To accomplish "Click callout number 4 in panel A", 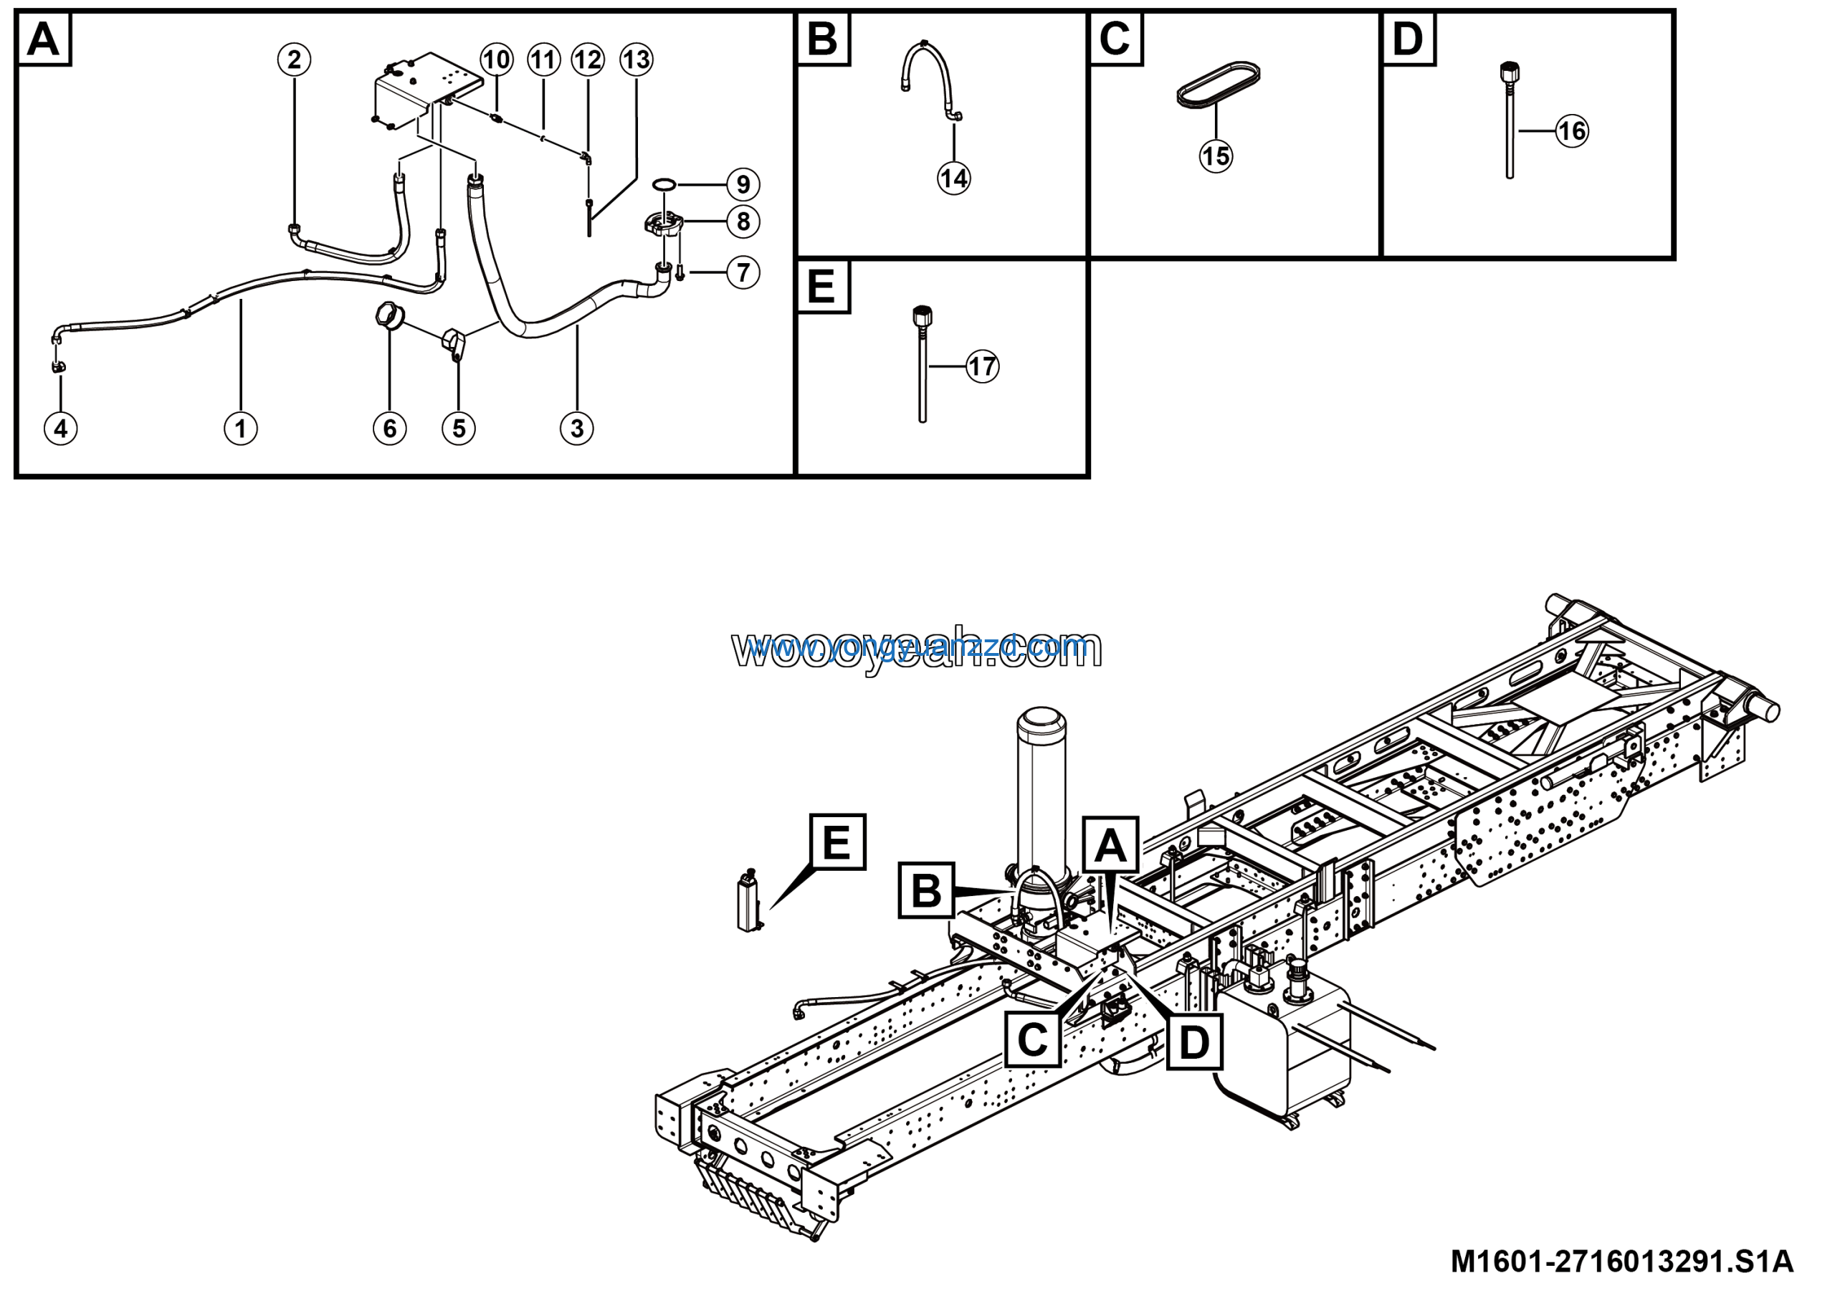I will point(61,429).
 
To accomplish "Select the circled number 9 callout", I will point(743,184).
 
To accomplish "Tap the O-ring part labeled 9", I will point(663,186).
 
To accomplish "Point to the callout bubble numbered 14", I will point(954,178).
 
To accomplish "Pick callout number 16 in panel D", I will point(1572,131).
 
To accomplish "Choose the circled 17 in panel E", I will point(982,367).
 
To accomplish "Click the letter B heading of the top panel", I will point(822,39).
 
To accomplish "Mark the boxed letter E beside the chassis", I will point(837,842).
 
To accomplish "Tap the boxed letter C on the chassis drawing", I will point(1031,1039).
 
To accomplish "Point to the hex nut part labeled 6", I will point(387,315).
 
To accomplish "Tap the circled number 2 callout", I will point(294,59).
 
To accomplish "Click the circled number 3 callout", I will point(577,429).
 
